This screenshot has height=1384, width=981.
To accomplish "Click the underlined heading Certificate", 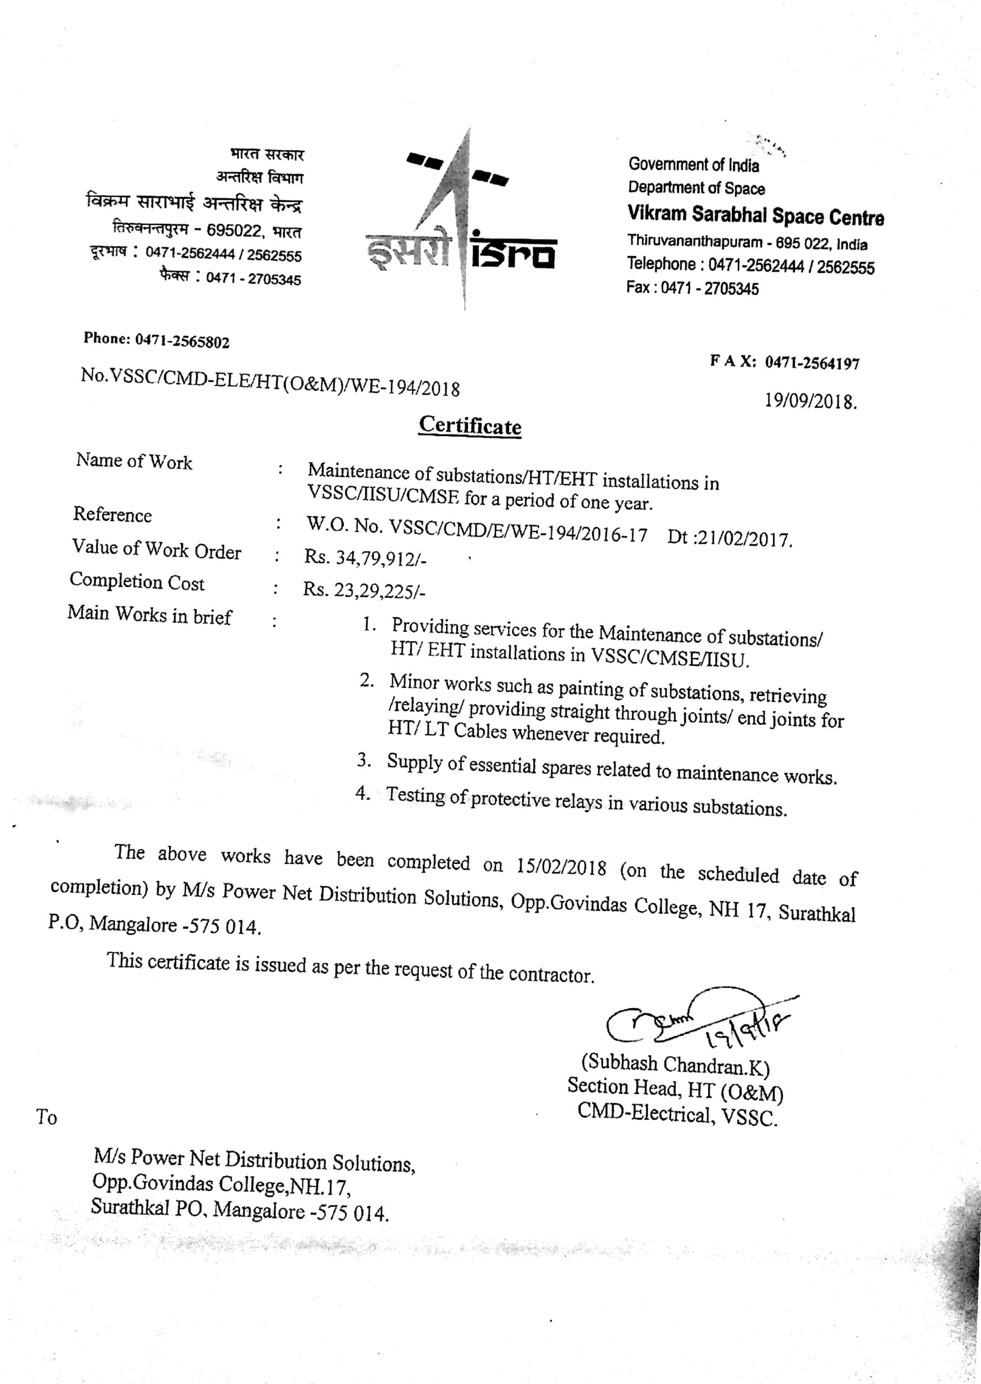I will point(470,425).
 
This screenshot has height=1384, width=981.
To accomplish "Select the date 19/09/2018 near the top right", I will point(810,401).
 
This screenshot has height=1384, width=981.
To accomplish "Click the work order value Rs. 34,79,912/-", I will point(365,557).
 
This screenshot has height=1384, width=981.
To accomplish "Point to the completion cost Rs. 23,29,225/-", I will point(364,590).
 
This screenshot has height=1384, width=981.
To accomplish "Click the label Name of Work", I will point(134,461).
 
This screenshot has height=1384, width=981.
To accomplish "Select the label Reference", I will point(112,514).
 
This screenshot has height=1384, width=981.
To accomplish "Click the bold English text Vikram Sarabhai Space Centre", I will point(755,215).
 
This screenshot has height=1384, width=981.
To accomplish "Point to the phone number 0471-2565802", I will point(182,341).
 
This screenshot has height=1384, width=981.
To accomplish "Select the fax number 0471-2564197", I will point(812,363).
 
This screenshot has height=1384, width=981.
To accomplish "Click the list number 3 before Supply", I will point(363,760).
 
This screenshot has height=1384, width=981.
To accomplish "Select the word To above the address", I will point(46,1117).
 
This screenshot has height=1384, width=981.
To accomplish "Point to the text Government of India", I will point(693,164).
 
